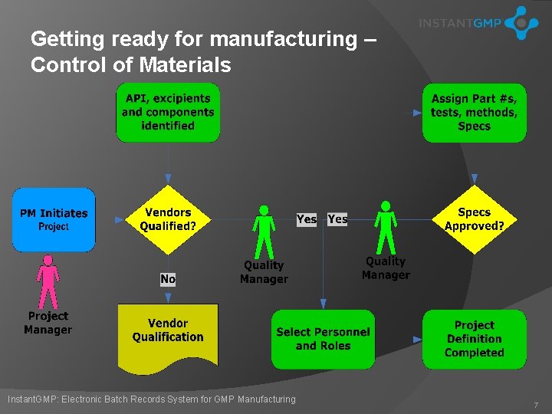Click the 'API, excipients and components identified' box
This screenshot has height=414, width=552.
tap(168, 113)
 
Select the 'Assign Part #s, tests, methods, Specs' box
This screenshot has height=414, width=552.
tap(474, 113)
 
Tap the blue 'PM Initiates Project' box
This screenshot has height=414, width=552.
tap(54, 219)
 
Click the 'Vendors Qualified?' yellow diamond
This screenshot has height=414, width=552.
tap(168, 219)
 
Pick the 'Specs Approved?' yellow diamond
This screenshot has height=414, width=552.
tap(474, 219)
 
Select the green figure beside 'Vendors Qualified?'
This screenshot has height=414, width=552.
tap(264, 231)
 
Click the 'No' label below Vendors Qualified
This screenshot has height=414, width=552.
tap(168, 279)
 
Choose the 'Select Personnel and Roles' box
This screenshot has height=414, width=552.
tap(323, 339)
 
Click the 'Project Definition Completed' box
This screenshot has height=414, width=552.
tap(474, 339)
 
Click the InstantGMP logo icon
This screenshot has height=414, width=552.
tap(521, 23)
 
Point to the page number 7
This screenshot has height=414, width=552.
tap(537, 404)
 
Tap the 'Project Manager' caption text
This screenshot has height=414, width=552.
tap(48, 323)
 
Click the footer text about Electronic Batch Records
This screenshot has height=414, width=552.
tap(151, 399)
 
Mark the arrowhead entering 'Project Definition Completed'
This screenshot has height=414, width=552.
tap(418, 339)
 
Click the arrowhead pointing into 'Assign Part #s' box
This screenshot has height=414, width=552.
tap(418, 113)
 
